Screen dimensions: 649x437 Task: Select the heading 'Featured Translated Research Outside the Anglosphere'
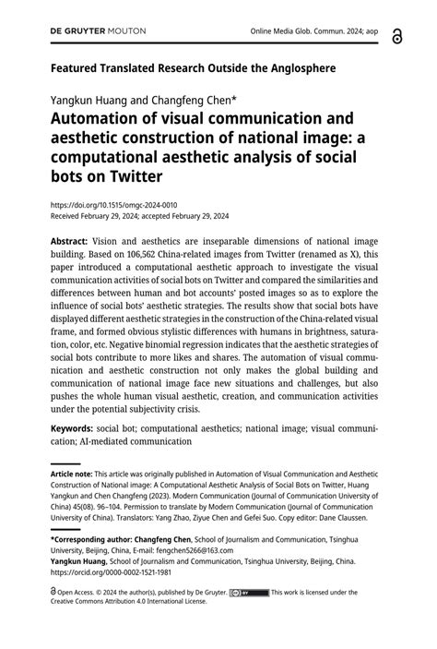coord(193,67)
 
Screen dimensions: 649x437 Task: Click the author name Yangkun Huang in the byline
coord(89,98)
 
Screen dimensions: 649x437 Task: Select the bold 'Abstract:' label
coord(69,238)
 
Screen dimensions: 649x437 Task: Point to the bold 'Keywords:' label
coord(71,429)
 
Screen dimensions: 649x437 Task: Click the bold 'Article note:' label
coord(74,472)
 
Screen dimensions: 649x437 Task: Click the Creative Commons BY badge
coord(249,593)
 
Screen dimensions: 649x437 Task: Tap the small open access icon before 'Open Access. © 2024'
coord(53,593)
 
